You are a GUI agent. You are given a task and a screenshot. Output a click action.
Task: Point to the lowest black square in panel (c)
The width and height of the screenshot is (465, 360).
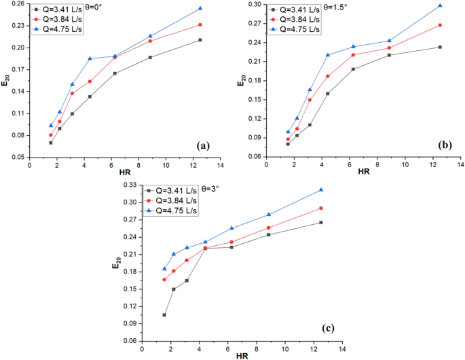[164, 314]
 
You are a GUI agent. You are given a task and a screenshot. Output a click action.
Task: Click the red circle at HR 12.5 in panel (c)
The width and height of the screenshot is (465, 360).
[321, 208]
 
